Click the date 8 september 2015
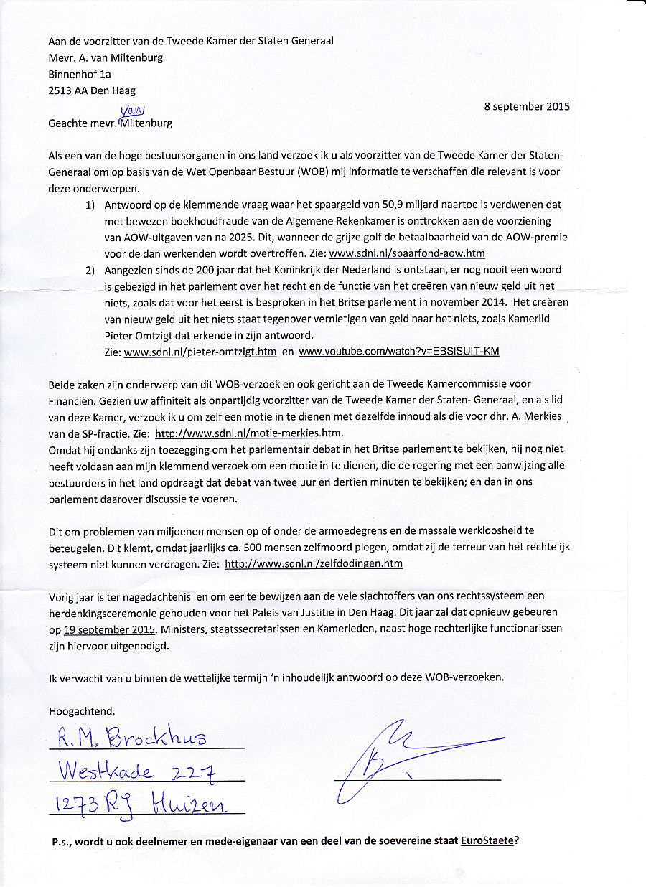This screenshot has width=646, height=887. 527,106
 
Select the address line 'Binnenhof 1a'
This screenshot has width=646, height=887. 80,73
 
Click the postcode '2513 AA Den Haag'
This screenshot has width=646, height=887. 92,90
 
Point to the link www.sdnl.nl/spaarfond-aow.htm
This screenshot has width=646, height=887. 407,253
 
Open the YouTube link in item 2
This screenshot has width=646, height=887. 398,352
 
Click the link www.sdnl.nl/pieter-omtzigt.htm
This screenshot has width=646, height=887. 200,352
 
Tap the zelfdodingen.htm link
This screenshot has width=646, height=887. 314,563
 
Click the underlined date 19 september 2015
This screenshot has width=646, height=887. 110,629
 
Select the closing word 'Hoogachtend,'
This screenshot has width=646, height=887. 81,711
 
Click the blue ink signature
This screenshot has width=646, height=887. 402,754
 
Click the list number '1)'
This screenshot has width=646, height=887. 90,205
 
